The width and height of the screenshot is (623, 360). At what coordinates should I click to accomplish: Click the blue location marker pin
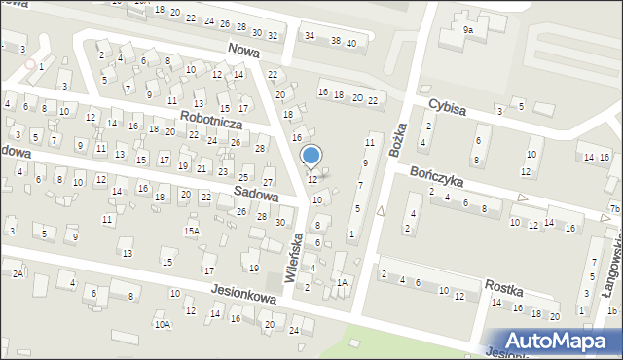coord(311,156)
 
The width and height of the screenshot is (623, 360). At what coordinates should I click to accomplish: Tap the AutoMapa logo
coord(556,340)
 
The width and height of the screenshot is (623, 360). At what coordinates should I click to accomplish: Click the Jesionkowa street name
coord(243,297)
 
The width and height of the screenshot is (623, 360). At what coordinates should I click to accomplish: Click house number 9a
coord(468,30)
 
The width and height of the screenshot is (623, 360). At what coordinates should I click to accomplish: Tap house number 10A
coord(162,325)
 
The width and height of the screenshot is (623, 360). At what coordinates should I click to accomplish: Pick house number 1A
coord(342,282)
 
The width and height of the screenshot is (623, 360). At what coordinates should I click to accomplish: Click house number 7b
coord(614,209)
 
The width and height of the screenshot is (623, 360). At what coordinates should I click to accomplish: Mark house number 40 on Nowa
coord(350,43)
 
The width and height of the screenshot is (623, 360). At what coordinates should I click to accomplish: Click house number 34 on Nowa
coord(310,36)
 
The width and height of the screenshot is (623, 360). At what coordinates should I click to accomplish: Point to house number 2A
coord(18,274)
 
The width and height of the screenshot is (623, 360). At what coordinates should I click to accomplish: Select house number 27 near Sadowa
coord(269,182)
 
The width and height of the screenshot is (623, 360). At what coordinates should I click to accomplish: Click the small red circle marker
coord(30,64)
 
